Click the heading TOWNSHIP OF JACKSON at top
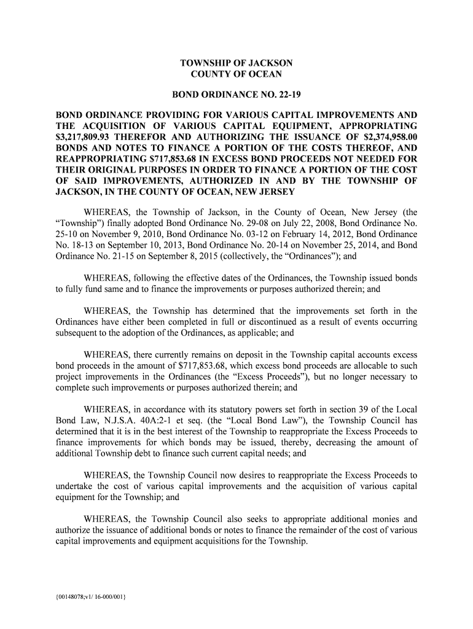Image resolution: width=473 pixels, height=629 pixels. pos(237,63)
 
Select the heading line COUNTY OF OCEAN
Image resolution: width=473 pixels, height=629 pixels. pos(237,74)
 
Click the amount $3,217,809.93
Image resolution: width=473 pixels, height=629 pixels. pos(85,138)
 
